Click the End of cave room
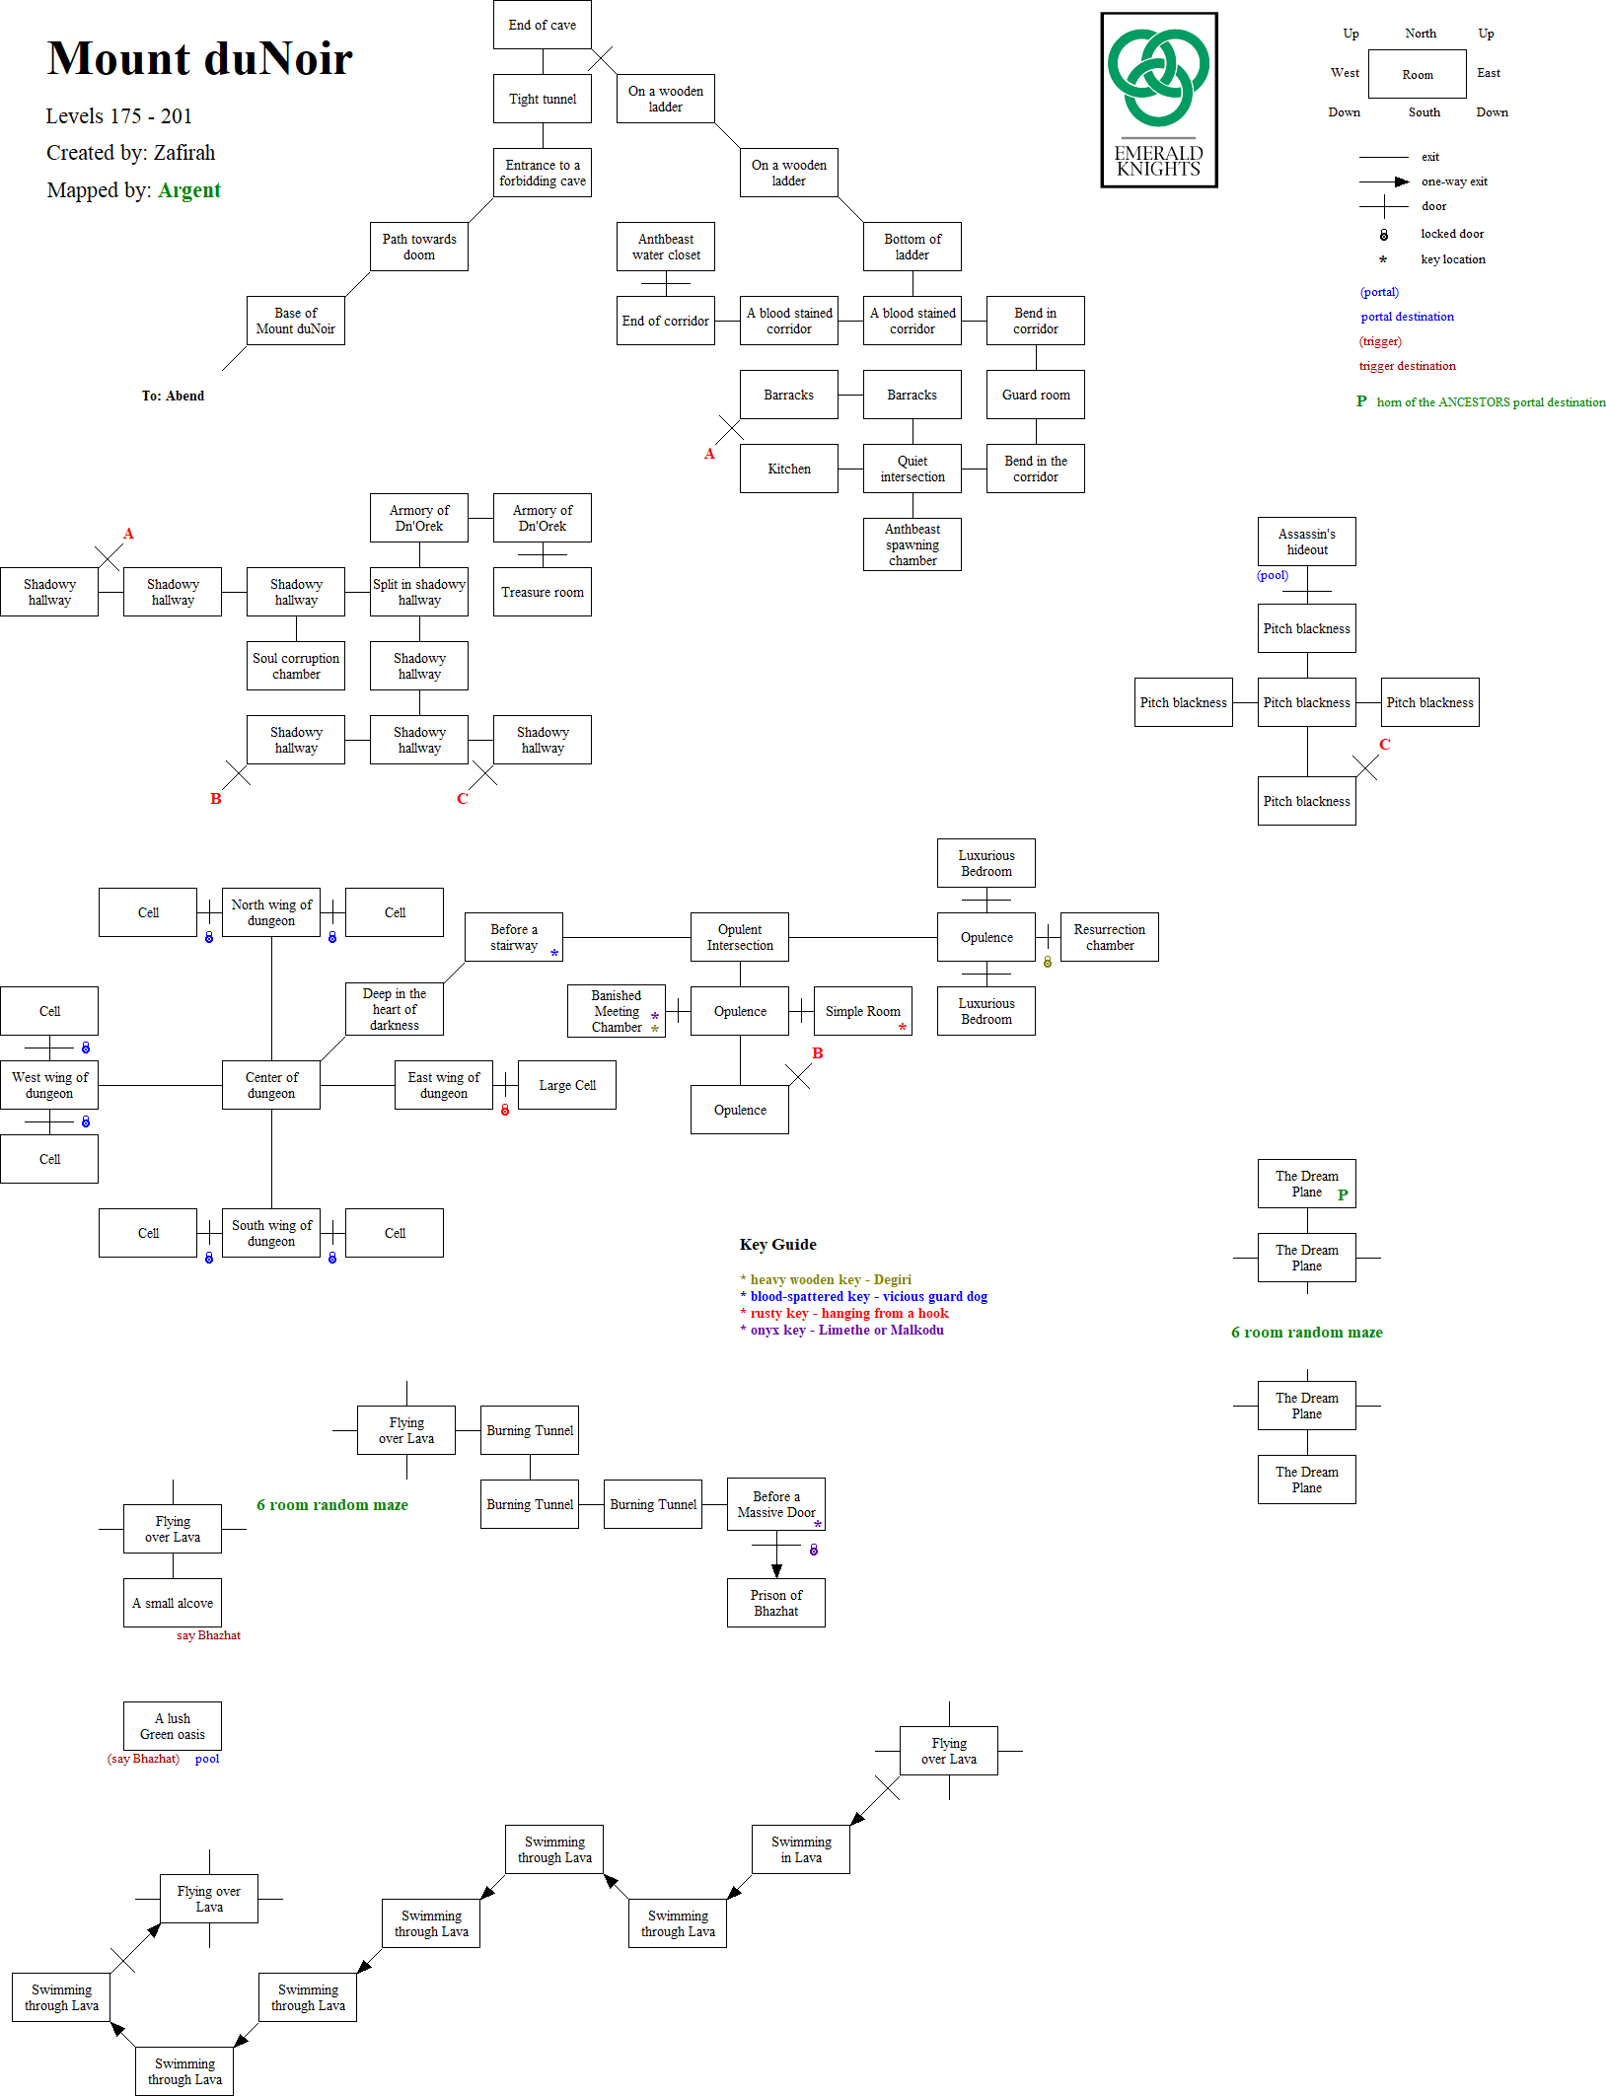(x=542, y=25)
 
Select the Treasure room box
(x=542, y=592)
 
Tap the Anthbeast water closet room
(x=666, y=247)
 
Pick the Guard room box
(x=1035, y=395)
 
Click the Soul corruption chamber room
(x=296, y=666)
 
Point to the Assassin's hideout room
(x=1306, y=542)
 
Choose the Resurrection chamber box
(x=1109, y=937)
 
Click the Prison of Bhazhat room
(x=775, y=1603)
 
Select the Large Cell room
(x=566, y=1085)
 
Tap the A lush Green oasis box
(x=173, y=1726)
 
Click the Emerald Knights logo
(x=1159, y=100)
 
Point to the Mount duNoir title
(x=199, y=58)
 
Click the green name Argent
(x=189, y=190)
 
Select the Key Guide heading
(x=777, y=1245)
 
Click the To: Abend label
(x=173, y=396)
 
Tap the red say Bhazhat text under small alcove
(x=208, y=1635)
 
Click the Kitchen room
(x=788, y=469)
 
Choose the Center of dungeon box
(x=271, y=1085)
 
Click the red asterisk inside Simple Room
(x=902, y=1028)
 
